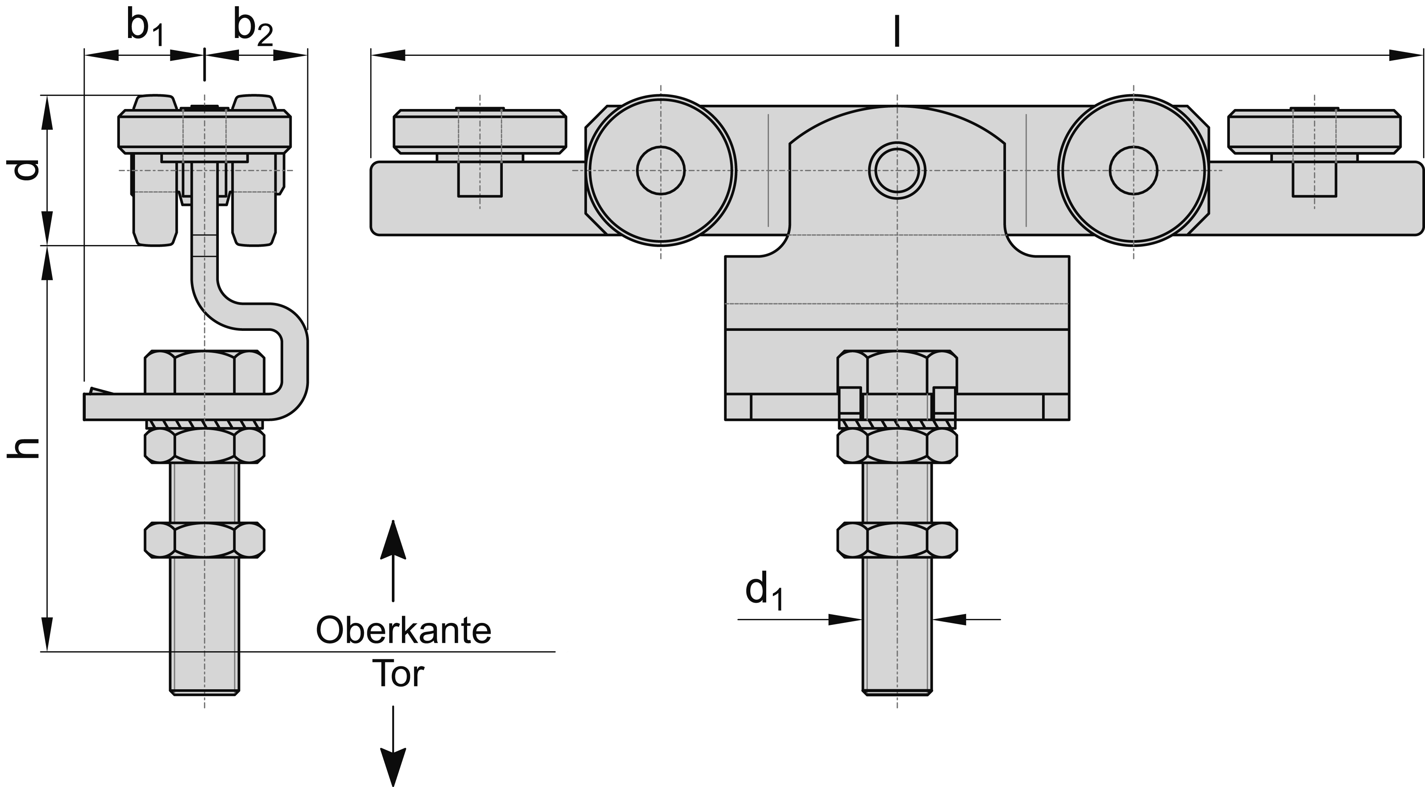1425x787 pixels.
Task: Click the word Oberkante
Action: [404, 630]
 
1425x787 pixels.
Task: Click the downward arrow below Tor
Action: [393, 766]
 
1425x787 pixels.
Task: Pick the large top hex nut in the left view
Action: [205, 371]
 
